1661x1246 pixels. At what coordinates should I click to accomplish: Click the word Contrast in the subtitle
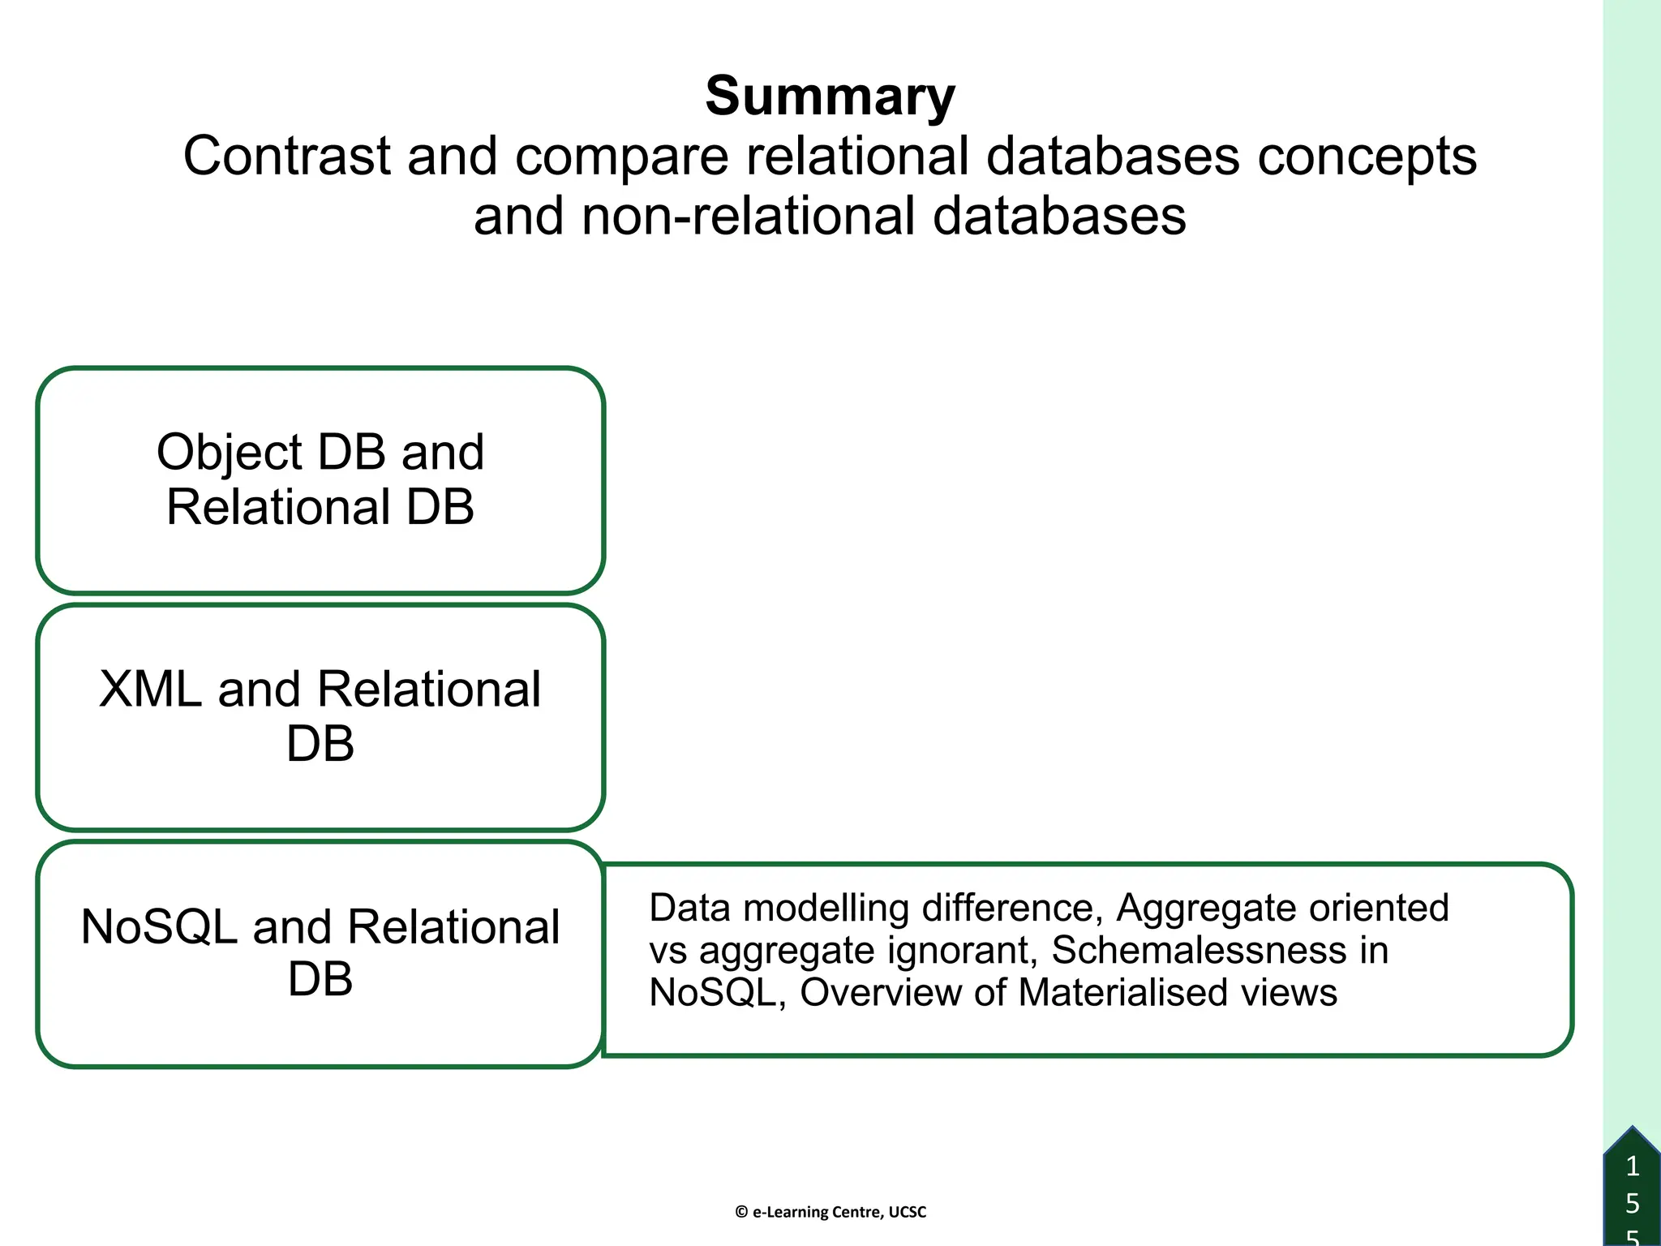coord(286,156)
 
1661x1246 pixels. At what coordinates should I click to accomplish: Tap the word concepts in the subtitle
coord(1367,157)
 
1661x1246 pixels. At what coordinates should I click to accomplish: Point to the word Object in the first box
coord(228,453)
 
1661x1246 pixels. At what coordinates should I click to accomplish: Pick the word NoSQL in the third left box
coord(159,926)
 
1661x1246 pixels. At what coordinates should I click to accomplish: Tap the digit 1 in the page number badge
coord(1633,1167)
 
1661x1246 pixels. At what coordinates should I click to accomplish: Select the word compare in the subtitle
coord(621,157)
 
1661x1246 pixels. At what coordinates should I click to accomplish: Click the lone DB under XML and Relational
coord(320,743)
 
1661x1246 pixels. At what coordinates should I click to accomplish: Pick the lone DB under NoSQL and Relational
coord(320,979)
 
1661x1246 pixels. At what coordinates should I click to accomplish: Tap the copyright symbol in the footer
coord(741,1212)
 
